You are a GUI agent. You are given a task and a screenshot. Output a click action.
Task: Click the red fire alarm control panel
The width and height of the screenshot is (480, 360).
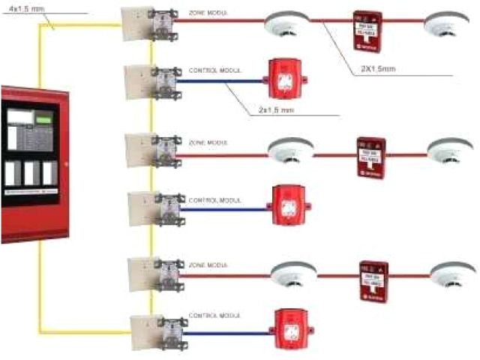(x=34, y=164)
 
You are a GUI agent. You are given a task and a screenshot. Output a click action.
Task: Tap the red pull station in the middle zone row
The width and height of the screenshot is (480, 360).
(x=371, y=157)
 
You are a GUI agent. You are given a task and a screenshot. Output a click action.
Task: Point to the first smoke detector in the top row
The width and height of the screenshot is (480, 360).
(x=283, y=26)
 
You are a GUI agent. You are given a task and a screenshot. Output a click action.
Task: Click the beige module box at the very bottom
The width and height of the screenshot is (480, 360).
(x=143, y=329)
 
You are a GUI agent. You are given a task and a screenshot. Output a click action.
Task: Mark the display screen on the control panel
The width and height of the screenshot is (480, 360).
(x=21, y=118)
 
